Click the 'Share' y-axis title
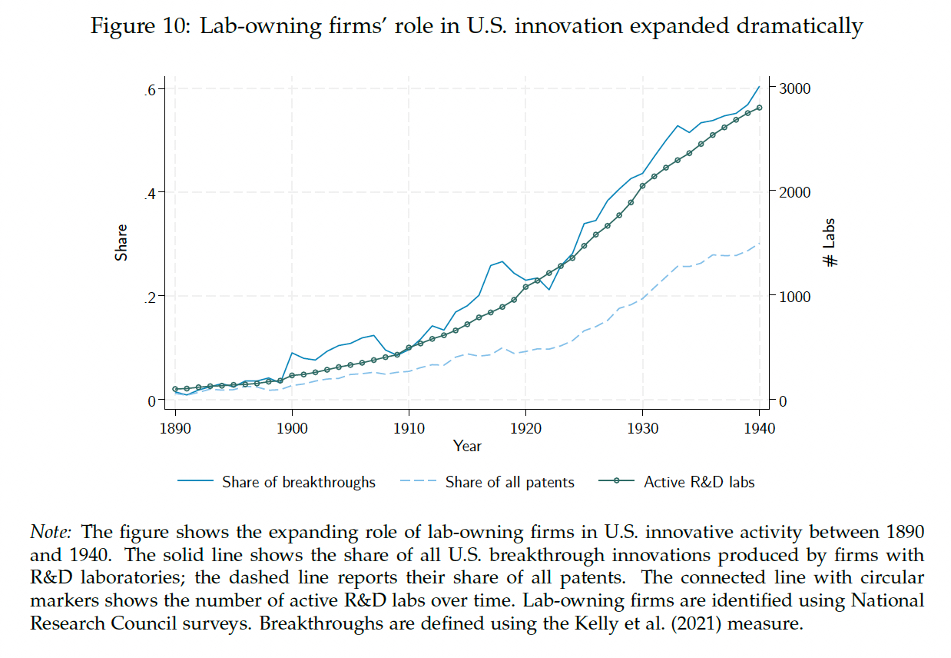tap(121, 242)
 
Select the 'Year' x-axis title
tap(467, 446)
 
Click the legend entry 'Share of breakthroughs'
tap(298, 483)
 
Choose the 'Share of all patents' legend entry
tap(509, 483)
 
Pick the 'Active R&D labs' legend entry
tap(699, 483)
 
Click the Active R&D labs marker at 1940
tap(760, 108)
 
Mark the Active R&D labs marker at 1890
tap(175, 389)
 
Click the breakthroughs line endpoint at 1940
tap(760, 86)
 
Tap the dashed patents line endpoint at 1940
tap(760, 244)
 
